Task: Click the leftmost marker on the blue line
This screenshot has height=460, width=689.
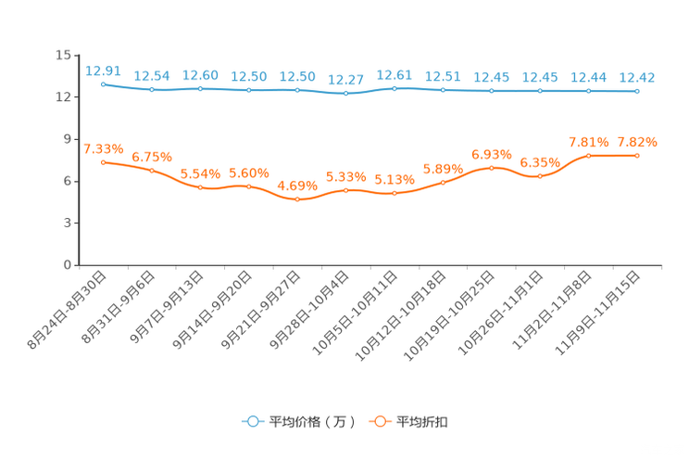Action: point(103,83)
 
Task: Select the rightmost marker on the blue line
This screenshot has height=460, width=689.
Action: point(637,91)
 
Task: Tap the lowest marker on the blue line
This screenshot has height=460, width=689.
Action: point(345,93)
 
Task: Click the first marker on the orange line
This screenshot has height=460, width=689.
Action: point(103,162)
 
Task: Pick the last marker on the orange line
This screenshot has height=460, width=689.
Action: point(637,155)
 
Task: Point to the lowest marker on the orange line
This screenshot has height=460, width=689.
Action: point(297,198)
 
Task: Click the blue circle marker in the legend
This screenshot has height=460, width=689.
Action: point(252,421)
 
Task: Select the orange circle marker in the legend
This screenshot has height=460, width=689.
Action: point(379,421)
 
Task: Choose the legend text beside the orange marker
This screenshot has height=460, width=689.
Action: point(422,422)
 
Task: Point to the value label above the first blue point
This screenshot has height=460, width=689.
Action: point(103,70)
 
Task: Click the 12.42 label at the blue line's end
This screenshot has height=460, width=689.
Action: point(637,77)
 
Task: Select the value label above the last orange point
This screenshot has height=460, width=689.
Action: point(637,142)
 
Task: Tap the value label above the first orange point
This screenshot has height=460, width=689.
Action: point(103,148)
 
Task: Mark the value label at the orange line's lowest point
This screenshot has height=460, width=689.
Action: point(297,185)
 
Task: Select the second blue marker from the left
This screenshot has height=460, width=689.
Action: point(152,89)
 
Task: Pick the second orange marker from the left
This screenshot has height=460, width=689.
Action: point(152,170)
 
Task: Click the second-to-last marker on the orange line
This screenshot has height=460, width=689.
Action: point(588,156)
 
